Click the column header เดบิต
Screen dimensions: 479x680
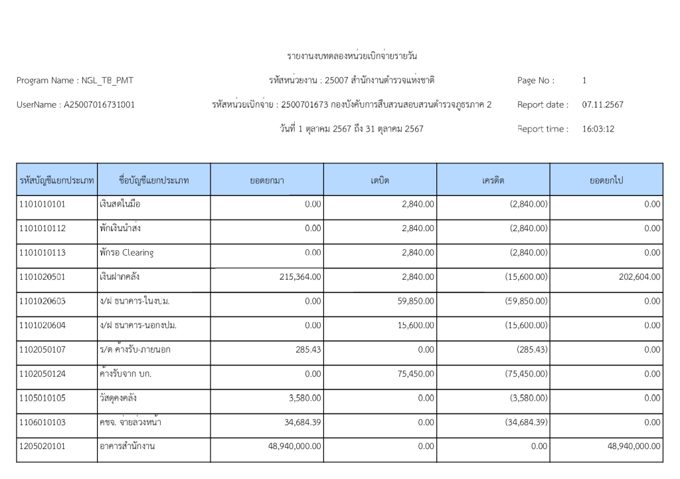point(380,180)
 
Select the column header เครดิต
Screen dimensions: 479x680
point(493,180)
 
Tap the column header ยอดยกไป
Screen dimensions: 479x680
point(606,180)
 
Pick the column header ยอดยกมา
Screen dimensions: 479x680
point(267,180)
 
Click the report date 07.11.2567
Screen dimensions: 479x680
point(602,105)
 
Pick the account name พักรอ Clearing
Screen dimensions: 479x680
point(127,253)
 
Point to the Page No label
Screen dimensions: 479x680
point(535,81)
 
